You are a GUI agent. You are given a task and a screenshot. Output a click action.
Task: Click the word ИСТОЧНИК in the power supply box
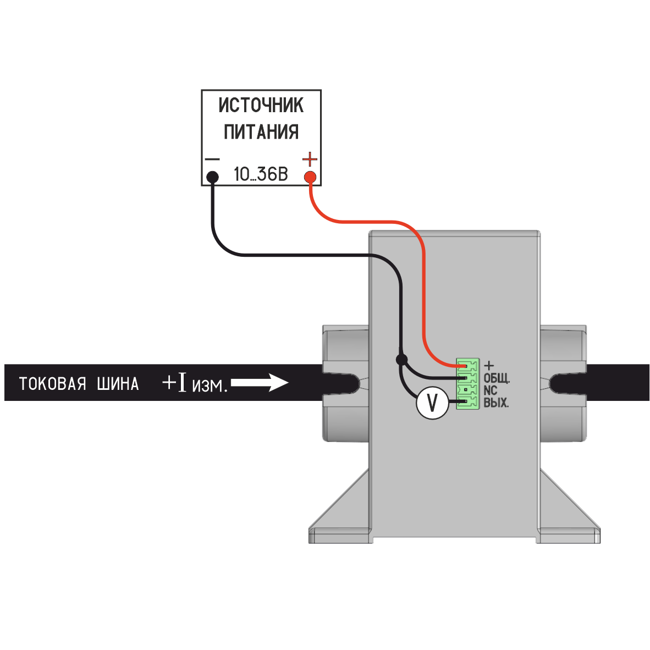(x=261, y=105)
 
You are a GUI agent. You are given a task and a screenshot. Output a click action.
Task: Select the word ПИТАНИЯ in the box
(x=261, y=132)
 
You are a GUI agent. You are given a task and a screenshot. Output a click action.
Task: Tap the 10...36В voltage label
(x=261, y=174)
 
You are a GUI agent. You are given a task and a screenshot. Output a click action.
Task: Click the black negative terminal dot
(x=212, y=178)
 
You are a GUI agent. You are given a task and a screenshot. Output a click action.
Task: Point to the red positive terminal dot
(x=310, y=178)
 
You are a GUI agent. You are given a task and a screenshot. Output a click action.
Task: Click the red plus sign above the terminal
(x=310, y=159)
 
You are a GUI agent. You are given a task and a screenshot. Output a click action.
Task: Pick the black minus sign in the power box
(x=212, y=159)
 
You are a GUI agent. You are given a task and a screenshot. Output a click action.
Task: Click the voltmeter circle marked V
(x=432, y=403)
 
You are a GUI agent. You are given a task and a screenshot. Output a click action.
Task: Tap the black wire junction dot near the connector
(x=401, y=360)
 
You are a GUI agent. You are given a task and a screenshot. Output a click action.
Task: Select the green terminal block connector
(x=468, y=384)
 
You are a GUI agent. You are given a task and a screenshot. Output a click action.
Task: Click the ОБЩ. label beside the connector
(x=497, y=378)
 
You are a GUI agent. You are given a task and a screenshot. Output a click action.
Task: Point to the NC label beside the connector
(x=491, y=390)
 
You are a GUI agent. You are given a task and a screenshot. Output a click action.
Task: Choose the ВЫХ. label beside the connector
(x=496, y=403)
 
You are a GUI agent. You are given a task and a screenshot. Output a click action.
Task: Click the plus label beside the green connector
(x=489, y=366)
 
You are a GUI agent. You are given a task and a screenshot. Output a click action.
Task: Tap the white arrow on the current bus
(x=260, y=382)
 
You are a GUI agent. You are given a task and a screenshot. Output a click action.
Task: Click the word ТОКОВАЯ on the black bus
(x=53, y=384)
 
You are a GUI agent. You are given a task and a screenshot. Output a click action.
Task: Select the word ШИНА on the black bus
(x=118, y=384)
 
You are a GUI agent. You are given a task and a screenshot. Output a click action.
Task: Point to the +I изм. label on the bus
(x=195, y=383)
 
